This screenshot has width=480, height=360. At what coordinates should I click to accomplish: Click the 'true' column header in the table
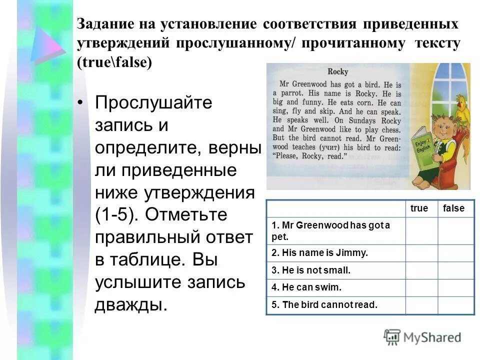(419, 208)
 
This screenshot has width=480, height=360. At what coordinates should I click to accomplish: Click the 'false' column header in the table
(453, 208)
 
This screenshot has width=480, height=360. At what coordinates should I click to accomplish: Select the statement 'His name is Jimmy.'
(319, 253)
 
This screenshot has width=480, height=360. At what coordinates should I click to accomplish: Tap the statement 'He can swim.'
(306, 287)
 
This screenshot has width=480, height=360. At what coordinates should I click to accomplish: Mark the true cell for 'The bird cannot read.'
(421, 304)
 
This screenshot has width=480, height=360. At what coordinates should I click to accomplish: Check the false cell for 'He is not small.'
(456, 270)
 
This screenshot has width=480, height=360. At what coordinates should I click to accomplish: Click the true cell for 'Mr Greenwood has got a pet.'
(421, 230)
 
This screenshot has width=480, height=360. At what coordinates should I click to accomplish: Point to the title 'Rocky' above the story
(338, 71)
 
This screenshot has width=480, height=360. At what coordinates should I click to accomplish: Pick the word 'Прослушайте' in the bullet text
(153, 103)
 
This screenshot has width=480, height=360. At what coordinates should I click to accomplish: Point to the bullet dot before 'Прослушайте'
(81, 103)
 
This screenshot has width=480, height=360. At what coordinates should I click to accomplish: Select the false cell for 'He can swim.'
(456, 287)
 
